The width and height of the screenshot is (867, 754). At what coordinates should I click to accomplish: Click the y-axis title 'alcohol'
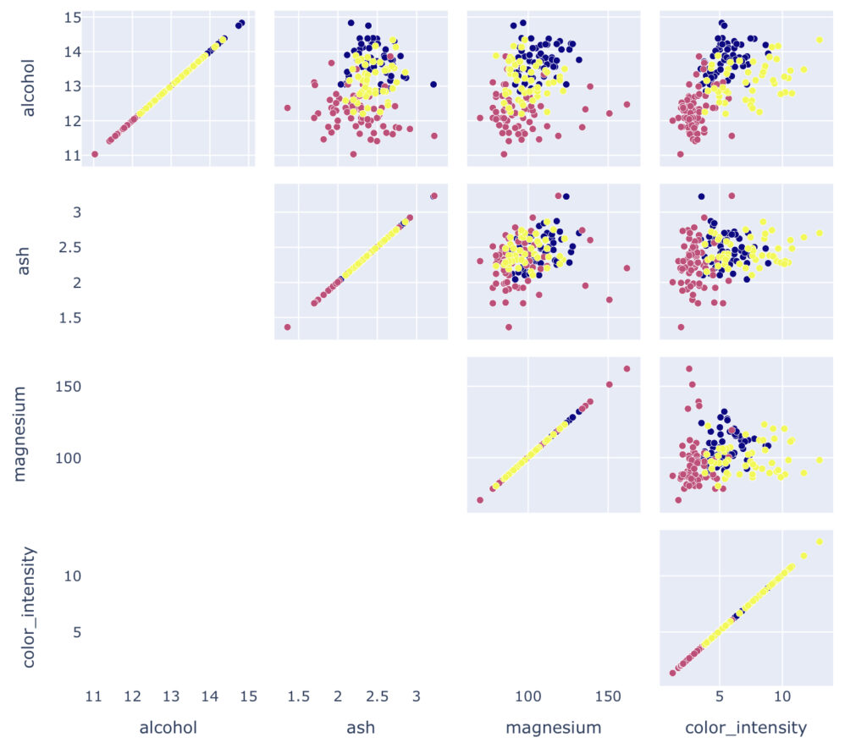28,87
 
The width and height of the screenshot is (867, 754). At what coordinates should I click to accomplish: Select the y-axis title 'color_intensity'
28,607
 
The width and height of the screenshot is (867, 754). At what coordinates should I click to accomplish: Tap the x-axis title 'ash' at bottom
361,728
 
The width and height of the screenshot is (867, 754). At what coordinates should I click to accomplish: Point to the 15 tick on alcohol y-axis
72,17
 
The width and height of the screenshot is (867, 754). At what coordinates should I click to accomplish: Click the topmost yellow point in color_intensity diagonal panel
819,542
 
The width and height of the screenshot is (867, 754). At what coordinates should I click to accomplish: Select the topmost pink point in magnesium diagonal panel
627,368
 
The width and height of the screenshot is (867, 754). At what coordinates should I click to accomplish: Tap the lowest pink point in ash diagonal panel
288,327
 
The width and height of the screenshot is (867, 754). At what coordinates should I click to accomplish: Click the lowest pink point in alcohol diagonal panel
95,154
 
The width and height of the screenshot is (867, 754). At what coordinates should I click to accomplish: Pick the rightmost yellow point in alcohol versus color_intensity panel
819,40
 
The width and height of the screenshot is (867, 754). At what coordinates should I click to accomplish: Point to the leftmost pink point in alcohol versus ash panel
287,107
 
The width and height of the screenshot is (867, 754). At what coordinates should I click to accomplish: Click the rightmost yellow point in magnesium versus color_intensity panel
819,460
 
